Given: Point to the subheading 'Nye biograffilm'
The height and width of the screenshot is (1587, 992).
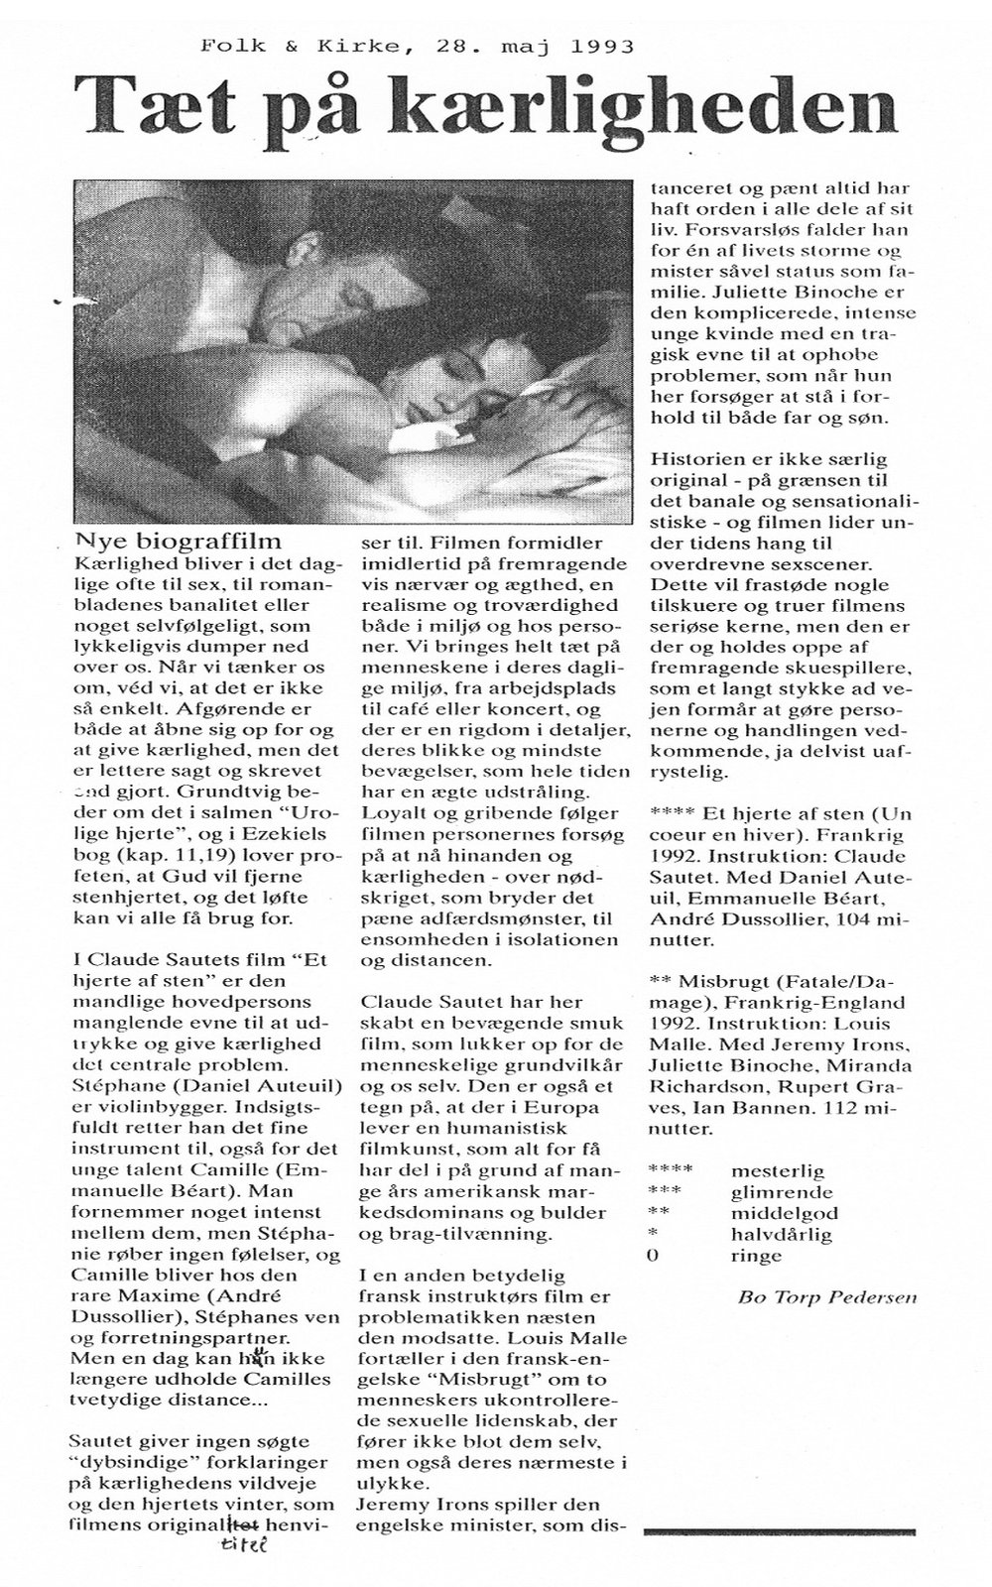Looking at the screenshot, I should point(179,541).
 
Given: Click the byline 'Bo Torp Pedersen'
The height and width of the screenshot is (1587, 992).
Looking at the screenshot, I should point(827,1296).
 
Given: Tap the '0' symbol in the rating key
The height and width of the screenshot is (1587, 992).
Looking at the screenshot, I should point(651,1255).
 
